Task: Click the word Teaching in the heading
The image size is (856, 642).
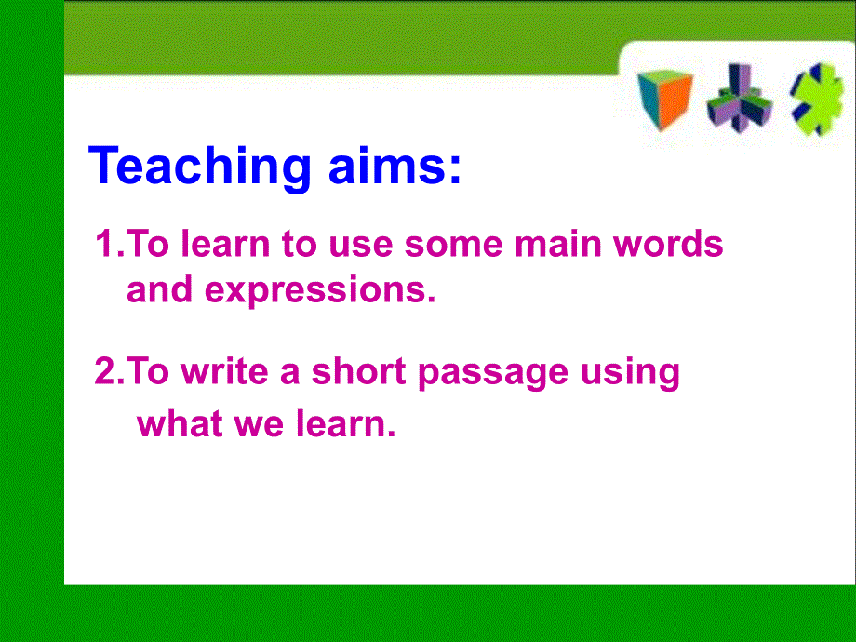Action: tap(199, 167)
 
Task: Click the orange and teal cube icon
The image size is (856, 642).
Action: tap(664, 100)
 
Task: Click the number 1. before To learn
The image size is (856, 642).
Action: tap(108, 245)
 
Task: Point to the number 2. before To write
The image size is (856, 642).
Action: tap(108, 372)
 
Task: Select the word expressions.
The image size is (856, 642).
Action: tap(320, 291)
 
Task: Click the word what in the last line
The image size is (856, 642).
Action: tap(177, 424)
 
